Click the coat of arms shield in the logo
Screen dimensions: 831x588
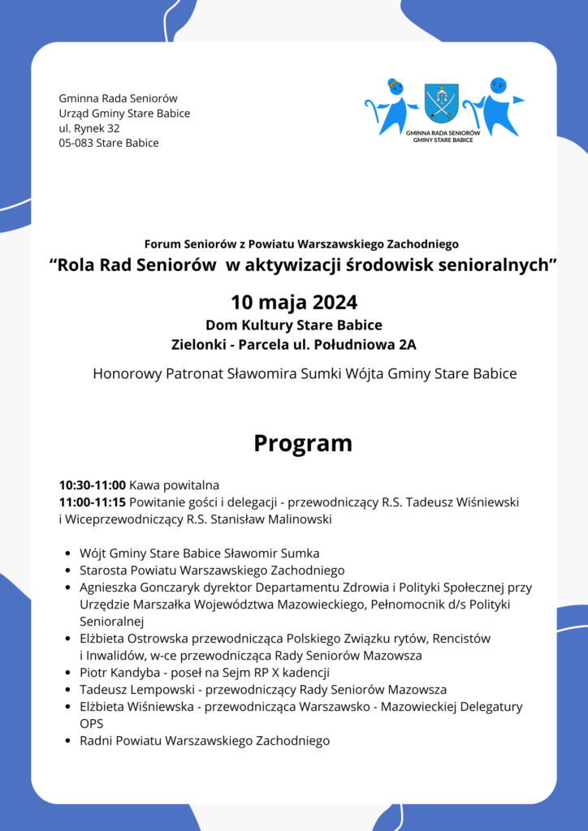[x=442, y=103]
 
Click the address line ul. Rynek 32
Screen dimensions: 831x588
[x=89, y=128]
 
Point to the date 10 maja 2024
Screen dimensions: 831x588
[x=294, y=303]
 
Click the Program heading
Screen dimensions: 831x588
[x=303, y=443]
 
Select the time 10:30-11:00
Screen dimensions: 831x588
[x=93, y=485]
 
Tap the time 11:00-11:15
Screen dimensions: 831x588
[x=92, y=502]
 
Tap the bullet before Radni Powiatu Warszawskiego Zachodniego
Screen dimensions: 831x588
[x=67, y=741]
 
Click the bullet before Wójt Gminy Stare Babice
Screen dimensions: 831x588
[x=67, y=553]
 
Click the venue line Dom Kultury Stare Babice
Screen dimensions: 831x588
[x=294, y=325]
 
